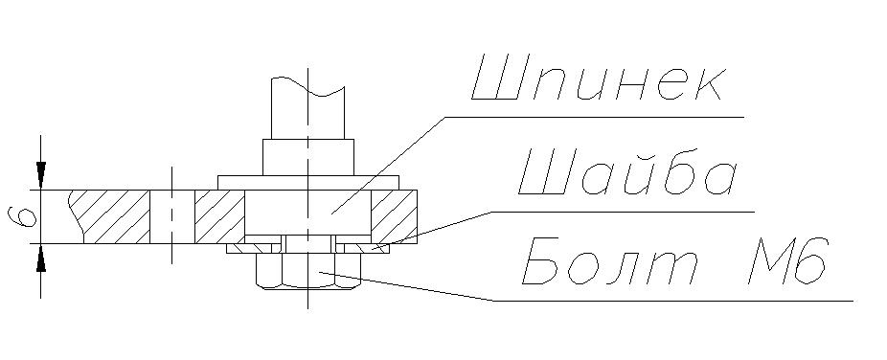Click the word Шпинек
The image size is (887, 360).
click(x=598, y=78)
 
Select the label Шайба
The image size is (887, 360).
click(x=628, y=171)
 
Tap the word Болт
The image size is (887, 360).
click(x=610, y=261)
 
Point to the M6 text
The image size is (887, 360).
click(x=788, y=260)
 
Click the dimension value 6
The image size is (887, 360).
click(x=23, y=216)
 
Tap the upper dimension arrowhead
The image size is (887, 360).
click(x=41, y=175)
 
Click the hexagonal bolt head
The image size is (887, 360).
click(x=308, y=271)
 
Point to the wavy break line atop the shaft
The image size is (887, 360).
click(x=307, y=86)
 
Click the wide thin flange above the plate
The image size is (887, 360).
click(x=308, y=183)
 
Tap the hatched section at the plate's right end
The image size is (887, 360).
click(x=395, y=216)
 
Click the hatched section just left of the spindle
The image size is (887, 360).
click(x=219, y=216)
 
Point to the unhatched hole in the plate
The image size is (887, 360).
click(x=172, y=216)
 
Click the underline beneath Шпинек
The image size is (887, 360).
click(x=595, y=117)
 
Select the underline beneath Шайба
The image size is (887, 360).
click(x=623, y=212)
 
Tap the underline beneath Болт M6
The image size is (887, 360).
click(x=672, y=301)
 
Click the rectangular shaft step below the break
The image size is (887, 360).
click(x=308, y=157)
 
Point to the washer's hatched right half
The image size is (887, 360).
click(x=362, y=248)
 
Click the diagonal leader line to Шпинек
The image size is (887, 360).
click(x=388, y=165)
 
